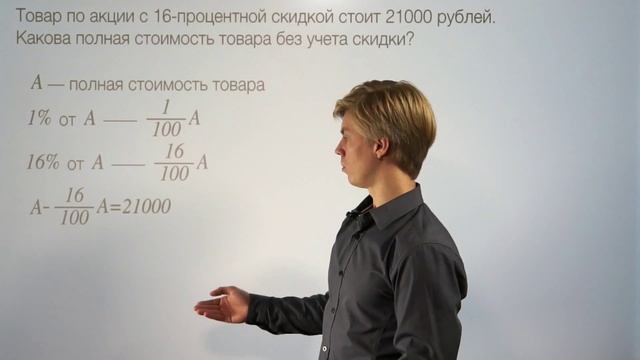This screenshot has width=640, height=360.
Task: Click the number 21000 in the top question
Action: coord(408,17)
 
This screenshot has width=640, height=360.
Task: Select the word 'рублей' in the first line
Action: coord(466,18)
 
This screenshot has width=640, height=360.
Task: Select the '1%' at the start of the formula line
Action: coord(40,118)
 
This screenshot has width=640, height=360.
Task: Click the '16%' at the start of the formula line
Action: coord(43,163)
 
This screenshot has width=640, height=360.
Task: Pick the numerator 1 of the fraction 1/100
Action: coord(166,107)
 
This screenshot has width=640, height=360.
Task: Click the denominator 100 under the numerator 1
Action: coord(167,130)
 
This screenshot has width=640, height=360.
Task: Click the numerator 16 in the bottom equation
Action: coord(74,196)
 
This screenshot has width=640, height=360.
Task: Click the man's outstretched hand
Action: coord(222,304)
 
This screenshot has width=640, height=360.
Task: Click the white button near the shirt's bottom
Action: coord(324,349)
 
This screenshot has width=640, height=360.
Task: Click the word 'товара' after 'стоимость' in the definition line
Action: coord(238,85)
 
